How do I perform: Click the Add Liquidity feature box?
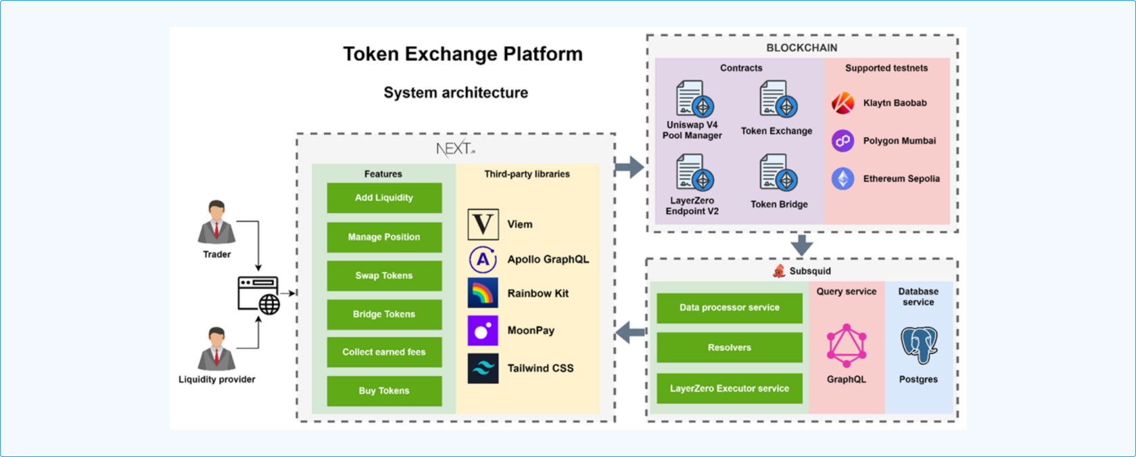pyautogui.click(x=384, y=198)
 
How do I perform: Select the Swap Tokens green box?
pyautogui.click(x=384, y=276)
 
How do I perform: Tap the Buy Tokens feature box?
pyautogui.click(x=384, y=391)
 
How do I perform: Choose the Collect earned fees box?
pyautogui.click(x=384, y=352)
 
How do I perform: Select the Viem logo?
pyautogui.click(x=483, y=224)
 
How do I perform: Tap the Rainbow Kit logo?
pyautogui.click(x=483, y=293)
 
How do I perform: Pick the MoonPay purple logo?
pyautogui.click(x=483, y=330)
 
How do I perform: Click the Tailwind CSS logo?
pyautogui.click(x=483, y=368)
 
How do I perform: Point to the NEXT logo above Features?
pyautogui.click(x=455, y=149)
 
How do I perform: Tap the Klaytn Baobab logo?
pyautogui.click(x=843, y=103)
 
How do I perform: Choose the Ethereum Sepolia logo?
pyautogui.click(x=843, y=179)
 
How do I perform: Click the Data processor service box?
pyautogui.click(x=730, y=307)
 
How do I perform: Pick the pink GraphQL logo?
pyautogui.click(x=846, y=345)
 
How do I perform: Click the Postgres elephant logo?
pyautogui.click(x=918, y=345)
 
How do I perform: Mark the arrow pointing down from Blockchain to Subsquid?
pyautogui.click(x=802, y=245)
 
